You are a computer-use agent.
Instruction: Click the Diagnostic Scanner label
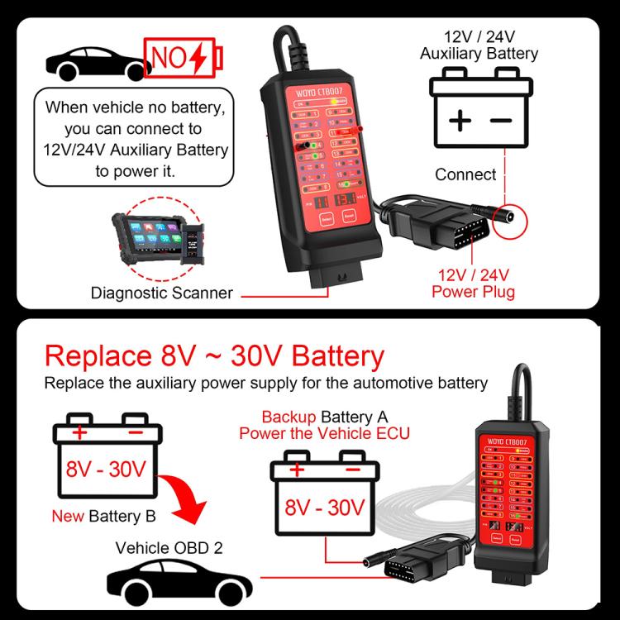pos(161,292)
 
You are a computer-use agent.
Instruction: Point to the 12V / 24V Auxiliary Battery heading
pos(479,45)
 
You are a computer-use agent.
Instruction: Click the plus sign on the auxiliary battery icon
pos(460,121)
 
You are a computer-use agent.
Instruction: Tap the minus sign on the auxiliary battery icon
pos(501,121)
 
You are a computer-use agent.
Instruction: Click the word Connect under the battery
pos(465,174)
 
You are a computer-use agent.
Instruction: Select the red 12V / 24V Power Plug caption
pos(473,283)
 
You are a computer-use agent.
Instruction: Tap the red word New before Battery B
pos(68,517)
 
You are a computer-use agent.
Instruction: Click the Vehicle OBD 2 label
pos(169,547)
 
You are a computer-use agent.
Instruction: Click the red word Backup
pos(289,417)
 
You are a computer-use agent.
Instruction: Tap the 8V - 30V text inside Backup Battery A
pos(325,507)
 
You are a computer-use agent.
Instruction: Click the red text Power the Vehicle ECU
pos(324,433)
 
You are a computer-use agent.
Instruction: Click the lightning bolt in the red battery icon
pos(198,57)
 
